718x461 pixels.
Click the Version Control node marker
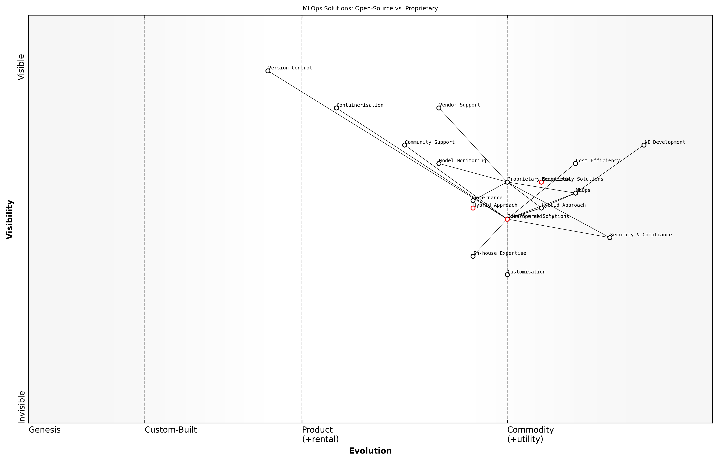tap(268, 71)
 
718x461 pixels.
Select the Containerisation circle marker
tap(336, 108)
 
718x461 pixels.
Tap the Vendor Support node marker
tap(439, 108)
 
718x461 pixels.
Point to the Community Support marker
tap(404, 145)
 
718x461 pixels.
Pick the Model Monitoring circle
tap(439, 163)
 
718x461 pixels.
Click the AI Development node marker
tap(644, 145)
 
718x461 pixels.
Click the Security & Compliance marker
tap(610, 238)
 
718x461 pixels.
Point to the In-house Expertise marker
tap(473, 256)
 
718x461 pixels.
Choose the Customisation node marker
tap(507, 275)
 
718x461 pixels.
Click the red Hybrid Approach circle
tap(473, 208)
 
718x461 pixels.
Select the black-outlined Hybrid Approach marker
tap(541, 208)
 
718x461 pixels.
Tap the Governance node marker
tap(473, 200)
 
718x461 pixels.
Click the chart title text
tap(370, 8)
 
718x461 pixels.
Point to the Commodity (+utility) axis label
tap(530, 434)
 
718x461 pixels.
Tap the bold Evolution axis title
tap(370, 451)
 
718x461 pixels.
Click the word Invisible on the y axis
tap(22, 407)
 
